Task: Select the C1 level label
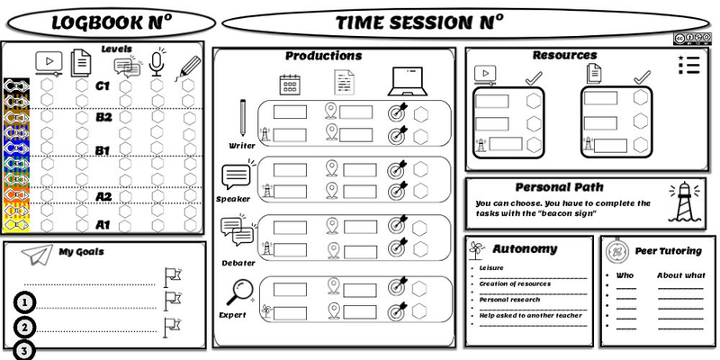103,86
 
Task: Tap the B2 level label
103,117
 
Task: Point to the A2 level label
103,196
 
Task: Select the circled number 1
26,301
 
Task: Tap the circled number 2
26,327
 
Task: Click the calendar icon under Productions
290,83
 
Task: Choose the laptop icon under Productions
402,82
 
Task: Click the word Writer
242,144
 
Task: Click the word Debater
238,263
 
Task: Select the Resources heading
564,55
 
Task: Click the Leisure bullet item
491,267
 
